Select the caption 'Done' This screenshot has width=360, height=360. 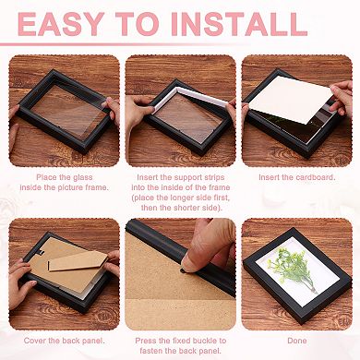(296, 341)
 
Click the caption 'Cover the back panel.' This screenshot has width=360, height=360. (64, 341)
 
